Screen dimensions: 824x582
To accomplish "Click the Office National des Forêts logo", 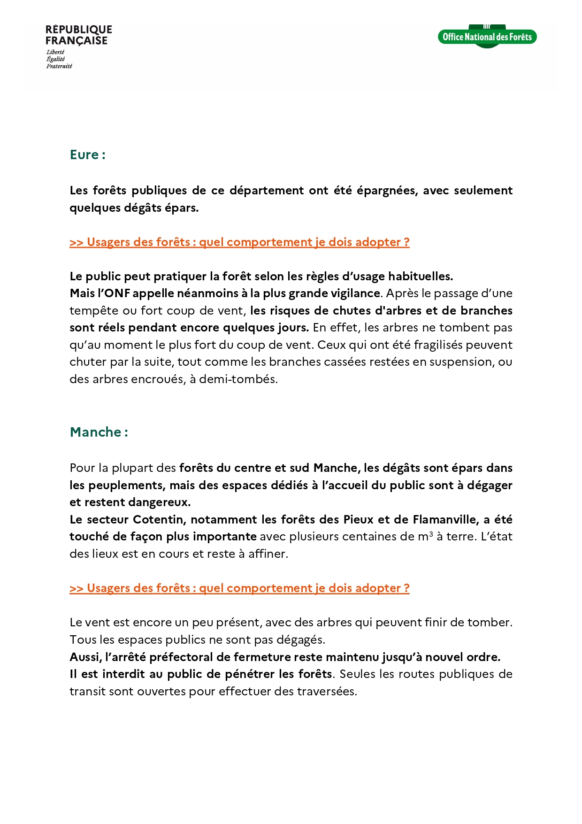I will [487, 37].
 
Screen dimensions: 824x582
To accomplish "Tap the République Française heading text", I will [78, 35].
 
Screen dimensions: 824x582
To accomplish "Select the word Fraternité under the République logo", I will [59, 66].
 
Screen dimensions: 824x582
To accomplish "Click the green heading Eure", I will [87, 154].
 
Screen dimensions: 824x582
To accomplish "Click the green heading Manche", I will [99, 432].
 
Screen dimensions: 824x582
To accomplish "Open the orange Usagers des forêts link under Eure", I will [239, 242].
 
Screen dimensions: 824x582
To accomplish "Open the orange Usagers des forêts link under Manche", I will [239, 588].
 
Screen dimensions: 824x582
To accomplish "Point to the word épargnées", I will [385, 190].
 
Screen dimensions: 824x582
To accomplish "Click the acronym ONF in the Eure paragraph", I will [117, 293].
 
